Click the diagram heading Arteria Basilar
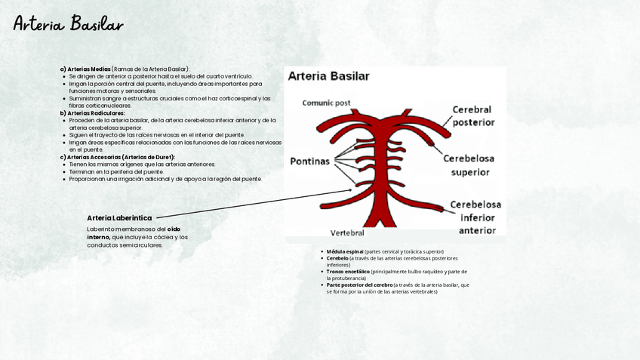[329, 76]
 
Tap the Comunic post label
[326, 102]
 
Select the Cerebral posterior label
[473, 115]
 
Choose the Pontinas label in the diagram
[309, 161]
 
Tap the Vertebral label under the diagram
[347, 232]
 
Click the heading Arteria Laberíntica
[119, 218]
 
